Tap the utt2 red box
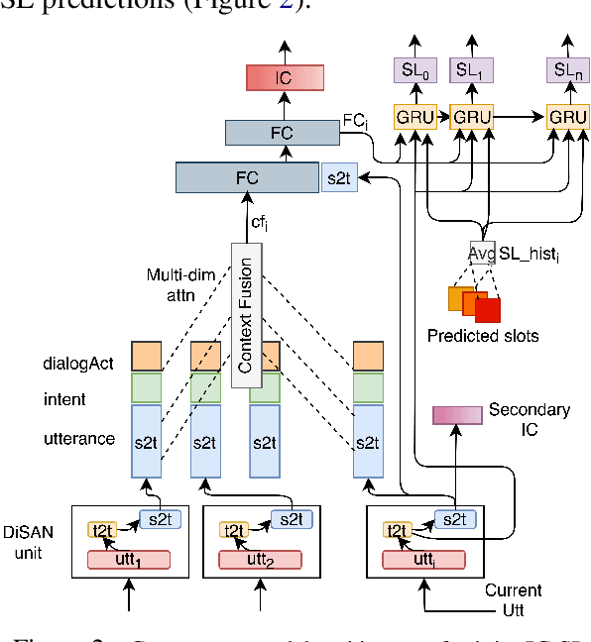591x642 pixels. click(261, 560)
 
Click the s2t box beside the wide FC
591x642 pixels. click(338, 178)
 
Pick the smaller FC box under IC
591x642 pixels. click(284, 132)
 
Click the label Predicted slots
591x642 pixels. click(483, 335)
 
